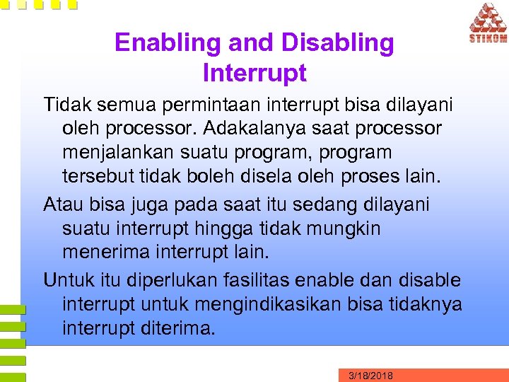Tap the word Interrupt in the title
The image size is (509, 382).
click(254, 73)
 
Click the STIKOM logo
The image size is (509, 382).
click(488, 23)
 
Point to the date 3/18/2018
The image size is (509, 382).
click(370, 375)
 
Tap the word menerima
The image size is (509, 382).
click(108, 253)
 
